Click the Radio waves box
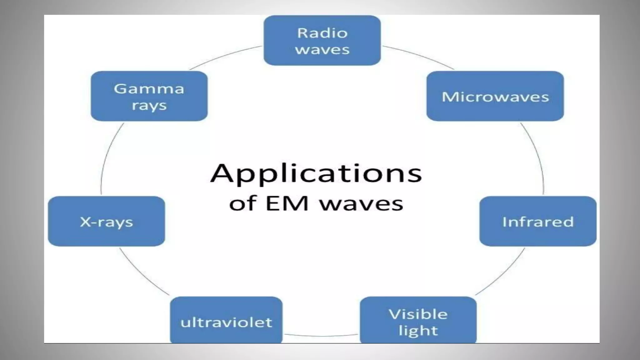322,41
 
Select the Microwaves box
495,96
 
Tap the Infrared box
538,221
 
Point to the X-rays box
107,221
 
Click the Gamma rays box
149,96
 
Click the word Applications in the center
316,173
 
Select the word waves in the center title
361,204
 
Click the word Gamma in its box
149,89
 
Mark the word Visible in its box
418,314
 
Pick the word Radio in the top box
322,33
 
